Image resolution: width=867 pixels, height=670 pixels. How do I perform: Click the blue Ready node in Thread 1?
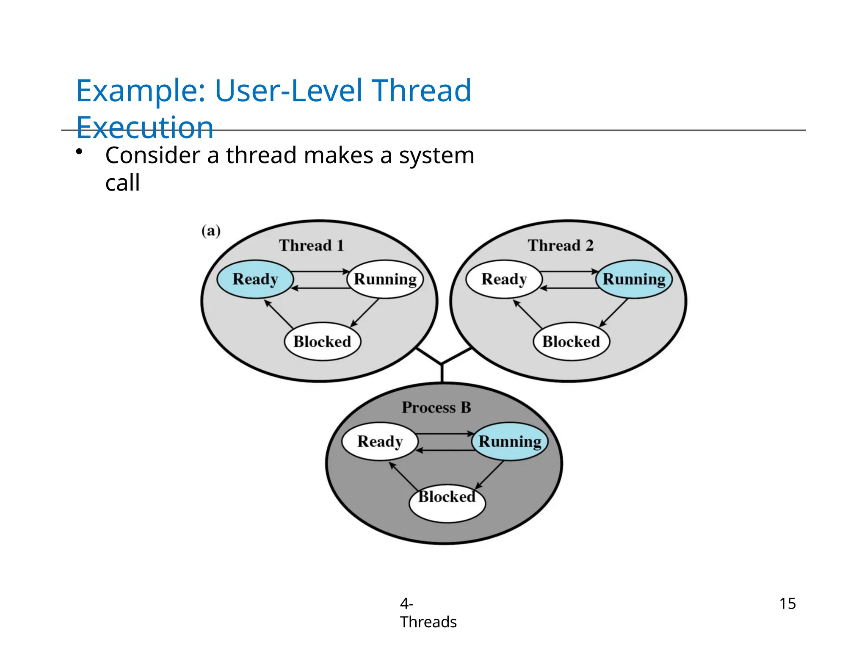coord(255,279)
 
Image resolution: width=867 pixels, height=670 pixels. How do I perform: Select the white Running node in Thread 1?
coord(385,279)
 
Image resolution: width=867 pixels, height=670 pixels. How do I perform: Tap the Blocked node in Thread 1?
coord(322,341)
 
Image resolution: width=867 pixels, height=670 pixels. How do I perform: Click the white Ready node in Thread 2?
coord(504,279)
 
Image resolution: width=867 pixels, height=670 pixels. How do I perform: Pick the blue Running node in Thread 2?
coord(634,279)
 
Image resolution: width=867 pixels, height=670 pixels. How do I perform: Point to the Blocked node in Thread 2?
coord(571,341)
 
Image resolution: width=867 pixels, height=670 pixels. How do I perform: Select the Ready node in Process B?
coord(380,441)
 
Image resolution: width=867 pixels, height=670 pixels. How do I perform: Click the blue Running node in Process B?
coord(510,441)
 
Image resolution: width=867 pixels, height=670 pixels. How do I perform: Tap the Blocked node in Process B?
coord(447,503)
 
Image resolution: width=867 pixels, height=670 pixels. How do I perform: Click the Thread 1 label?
coord(312,245)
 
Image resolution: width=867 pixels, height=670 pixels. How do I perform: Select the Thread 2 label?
coord(561,245)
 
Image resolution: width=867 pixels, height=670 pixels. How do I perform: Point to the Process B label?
coord(436,407)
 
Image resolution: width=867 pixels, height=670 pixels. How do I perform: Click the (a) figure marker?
coord(211,231)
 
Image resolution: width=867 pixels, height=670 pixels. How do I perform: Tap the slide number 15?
coord(787,604)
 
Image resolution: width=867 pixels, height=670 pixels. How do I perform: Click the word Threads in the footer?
coord(428,622)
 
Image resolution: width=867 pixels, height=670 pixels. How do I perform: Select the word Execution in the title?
coord(145,127)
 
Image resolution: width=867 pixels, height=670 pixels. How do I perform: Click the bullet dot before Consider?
coord(79,152)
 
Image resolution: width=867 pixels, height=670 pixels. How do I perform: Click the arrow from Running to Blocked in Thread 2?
coord(614,312)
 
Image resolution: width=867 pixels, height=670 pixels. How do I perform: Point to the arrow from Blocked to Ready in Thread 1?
coord(279,314)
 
